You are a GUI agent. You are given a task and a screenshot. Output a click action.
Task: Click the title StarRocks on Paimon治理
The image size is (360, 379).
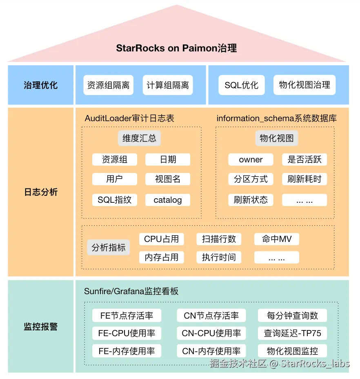[x=176, y=48]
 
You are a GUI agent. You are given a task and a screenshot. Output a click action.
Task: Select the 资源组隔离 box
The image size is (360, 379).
[x=108, y=85]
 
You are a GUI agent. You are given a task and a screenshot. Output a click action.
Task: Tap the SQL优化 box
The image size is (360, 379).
[x=241, y=85]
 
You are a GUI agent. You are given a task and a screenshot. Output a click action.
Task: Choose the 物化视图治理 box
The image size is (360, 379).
[x=304, y=85]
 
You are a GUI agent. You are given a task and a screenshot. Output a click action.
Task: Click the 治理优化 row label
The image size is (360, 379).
[x=40, y=85]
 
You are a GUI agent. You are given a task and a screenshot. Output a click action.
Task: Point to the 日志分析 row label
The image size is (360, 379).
[x=40, y=192]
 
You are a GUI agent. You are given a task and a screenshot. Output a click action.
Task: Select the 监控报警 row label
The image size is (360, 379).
[x=40, y=326]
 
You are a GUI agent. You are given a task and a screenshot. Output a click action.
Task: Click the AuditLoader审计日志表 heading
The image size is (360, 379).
[x=129, y=118]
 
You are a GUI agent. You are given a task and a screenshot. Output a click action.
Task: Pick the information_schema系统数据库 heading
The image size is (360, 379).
[x=276, y=118]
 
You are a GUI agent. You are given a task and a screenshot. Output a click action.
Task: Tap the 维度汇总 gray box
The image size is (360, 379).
[x=139, y=138]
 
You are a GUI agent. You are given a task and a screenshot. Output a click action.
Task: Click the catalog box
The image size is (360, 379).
[x=167, y=200]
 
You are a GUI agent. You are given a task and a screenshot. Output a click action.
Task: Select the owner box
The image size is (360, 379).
[x=251, y=160]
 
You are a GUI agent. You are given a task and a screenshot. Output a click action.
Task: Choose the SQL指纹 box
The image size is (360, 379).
[x=114, y=200]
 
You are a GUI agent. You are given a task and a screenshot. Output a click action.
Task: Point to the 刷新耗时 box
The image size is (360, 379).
[x=304, y=179]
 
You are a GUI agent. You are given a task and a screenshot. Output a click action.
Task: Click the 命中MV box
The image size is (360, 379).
[x=277, y=239]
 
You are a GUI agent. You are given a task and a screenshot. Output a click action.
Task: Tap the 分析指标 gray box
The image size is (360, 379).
[x=109, y=248]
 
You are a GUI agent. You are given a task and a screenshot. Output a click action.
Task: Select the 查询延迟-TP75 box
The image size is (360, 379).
[x=292, y=333]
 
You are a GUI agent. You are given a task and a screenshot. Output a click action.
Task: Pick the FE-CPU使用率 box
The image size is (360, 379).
[x=127, y=333]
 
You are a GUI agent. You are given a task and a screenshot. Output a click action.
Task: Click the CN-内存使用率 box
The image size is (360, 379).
[x=211, y=351]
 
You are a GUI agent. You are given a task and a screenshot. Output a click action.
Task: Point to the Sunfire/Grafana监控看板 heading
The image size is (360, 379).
[x=131, y=291]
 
